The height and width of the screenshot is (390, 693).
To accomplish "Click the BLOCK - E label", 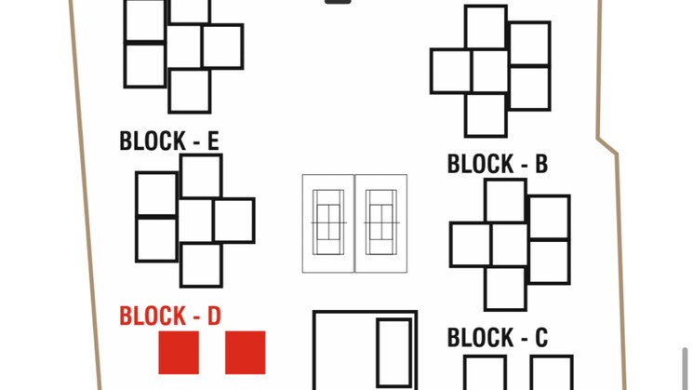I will click(168, 141).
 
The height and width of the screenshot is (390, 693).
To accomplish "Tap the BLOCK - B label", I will click(497, 165).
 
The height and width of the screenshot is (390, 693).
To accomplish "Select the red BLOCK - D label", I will click(169, 316).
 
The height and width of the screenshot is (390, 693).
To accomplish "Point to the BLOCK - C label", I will click(497, 338).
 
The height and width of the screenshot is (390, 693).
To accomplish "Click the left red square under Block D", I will click(179, 353).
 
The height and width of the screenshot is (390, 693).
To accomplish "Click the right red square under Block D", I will click(246, 353).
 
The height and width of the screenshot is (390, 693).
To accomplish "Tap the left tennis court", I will click(327, 223).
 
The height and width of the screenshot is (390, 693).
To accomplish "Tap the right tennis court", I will click(380, 223).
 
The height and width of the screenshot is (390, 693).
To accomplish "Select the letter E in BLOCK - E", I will click(212, 141).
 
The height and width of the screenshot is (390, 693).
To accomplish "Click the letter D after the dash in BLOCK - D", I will click(213, 316).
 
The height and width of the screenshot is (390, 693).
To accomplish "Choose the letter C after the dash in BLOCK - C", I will click(540, 338).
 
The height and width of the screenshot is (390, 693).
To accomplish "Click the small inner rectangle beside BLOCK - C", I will click(393, 352).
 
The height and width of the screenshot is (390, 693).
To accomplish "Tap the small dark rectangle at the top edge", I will click(338, 2).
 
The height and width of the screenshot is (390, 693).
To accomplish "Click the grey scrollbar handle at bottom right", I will click(686, 368).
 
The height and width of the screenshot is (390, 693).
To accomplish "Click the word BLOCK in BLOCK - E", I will click(153, 141).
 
